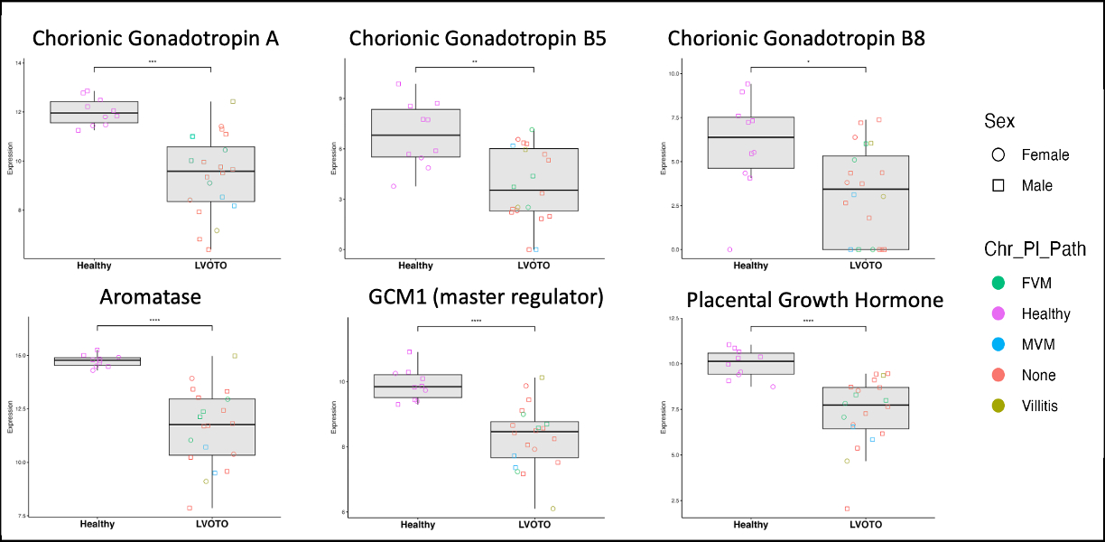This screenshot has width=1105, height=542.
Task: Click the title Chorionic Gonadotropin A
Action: coord(155,39)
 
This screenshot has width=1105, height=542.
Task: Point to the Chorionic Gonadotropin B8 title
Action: coord(796,39)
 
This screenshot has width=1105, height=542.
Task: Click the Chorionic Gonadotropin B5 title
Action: coord(478,39)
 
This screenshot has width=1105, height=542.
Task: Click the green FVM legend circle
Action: coord(998,283)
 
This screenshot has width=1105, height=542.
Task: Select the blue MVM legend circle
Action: coord(998,344)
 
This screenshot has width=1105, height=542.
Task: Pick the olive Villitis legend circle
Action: coord(998,406)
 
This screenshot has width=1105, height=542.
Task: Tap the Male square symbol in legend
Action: coord(998,185)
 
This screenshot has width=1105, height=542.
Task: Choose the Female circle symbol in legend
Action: coord(998,154)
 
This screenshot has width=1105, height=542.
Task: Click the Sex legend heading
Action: coord(1000,120)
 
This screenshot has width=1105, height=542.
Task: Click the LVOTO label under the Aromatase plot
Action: coord(211,524)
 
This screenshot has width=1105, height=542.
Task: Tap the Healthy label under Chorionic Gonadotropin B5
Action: coord(415,266)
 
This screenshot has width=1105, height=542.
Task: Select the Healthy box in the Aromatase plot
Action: coord(97,360)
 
